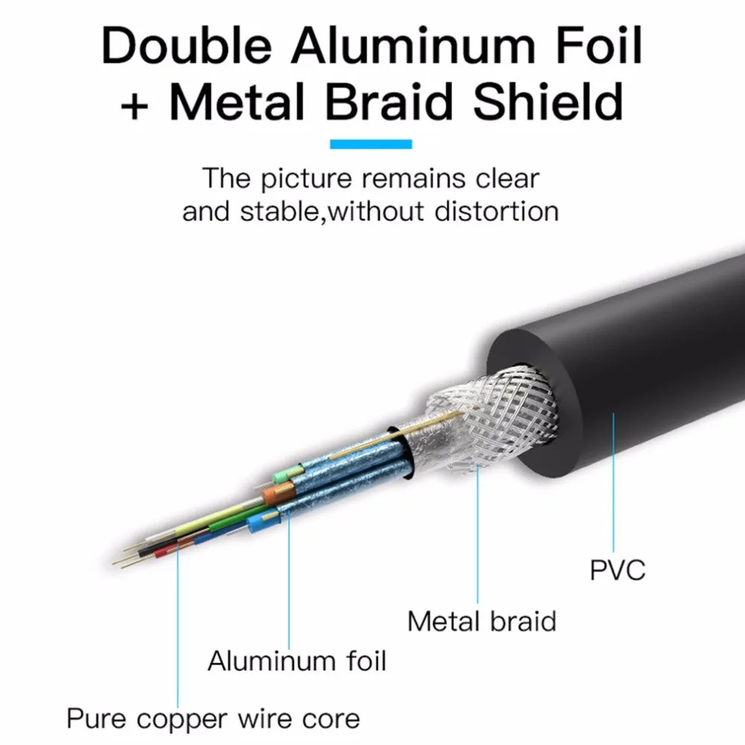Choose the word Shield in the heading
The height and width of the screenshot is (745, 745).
(548, 101)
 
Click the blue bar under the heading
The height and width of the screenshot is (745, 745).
(371, 144)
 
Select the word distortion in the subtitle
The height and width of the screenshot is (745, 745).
(496, 212)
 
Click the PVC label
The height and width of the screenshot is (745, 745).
(617, 570)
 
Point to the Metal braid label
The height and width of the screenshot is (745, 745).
(482, 621)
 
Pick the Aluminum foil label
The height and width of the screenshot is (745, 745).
(297, 660)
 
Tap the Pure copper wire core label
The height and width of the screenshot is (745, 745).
(213, 718)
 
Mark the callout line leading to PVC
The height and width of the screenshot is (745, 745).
(613, 482)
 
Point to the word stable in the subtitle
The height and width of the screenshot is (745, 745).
(279, 212)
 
